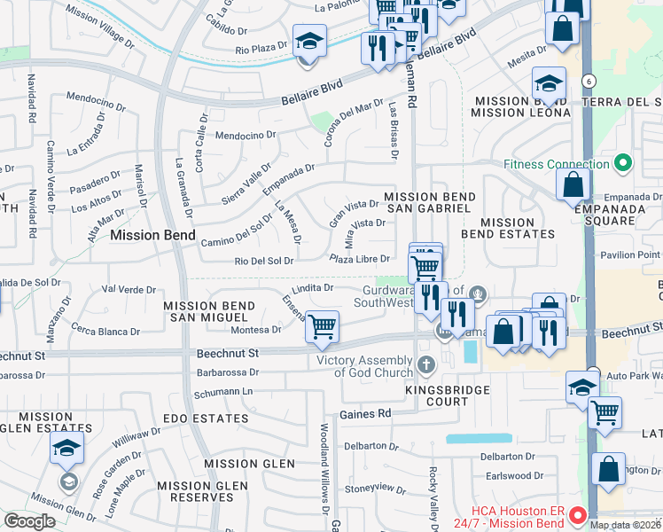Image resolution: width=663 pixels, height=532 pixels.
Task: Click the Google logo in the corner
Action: [x=29, y=521]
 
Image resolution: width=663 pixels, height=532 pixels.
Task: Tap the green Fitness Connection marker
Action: [x=623, y=163]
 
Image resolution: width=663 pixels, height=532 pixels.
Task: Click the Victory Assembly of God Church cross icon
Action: [x=426, y=364]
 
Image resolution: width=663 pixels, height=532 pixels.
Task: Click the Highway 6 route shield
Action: [x=588, y=81]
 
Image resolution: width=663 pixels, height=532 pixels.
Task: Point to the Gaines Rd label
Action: [x=365, y=414]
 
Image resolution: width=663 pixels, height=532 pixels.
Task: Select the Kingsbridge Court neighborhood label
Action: [x=437, y=395]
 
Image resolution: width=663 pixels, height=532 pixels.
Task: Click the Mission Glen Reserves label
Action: [x=202, y=491]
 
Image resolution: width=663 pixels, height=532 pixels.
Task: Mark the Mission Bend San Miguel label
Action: [x=209, y=311]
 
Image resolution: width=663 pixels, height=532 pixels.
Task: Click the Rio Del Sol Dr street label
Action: [x=263, y=261]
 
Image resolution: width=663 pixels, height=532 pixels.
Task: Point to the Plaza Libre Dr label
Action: [x=360, y=259]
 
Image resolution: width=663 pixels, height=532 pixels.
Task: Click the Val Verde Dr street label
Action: [x=129, y=289]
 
